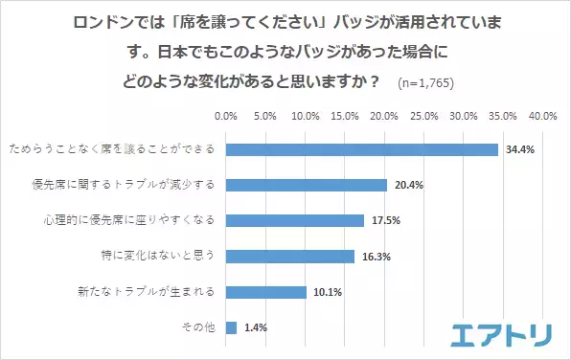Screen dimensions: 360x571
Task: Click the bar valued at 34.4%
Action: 362,149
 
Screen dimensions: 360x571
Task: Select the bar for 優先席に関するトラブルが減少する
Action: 307,185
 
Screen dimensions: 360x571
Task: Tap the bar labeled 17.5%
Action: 295,220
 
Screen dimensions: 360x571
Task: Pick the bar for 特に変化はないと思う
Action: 290,256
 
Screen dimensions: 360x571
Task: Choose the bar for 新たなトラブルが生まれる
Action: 265,291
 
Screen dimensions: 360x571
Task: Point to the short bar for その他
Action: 231,327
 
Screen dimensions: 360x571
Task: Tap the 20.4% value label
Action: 406,185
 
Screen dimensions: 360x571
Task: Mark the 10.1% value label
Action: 325,292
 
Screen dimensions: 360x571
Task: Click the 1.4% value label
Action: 255,327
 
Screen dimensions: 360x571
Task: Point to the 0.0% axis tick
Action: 226,115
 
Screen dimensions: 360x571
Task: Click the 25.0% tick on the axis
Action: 424,115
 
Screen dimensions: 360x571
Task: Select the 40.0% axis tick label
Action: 543,115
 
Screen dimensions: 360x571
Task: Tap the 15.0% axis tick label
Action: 345,115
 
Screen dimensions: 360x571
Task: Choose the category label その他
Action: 197,328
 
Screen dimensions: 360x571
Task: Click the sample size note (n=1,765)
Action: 425,83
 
